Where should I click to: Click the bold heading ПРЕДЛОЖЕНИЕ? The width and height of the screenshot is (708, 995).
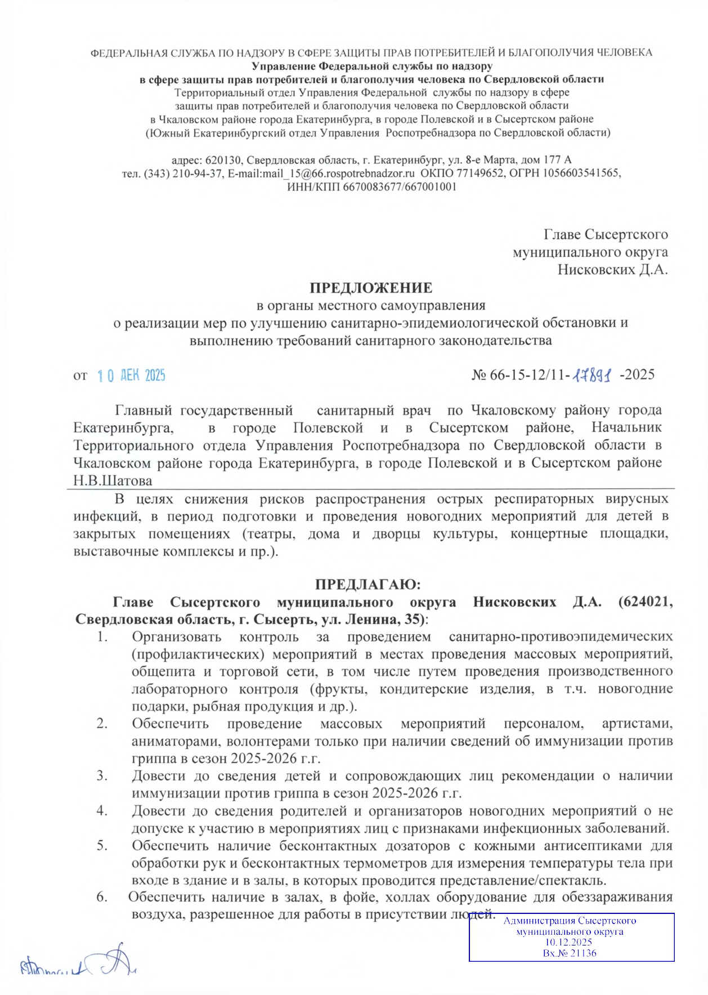pos(371,288)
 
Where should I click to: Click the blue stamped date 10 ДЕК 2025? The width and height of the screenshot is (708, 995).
pos(131,376)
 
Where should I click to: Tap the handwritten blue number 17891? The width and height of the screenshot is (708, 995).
pos(592,375)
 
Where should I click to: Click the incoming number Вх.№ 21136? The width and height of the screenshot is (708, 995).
pos(570,953)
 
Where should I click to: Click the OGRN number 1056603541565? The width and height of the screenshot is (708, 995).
pos(580,173)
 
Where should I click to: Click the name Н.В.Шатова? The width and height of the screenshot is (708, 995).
pos(113,481)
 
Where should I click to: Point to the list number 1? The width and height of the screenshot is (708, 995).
pos(102,637)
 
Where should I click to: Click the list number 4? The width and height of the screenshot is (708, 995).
pos(102,811)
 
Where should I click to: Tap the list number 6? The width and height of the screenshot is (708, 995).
pos(102,897)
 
